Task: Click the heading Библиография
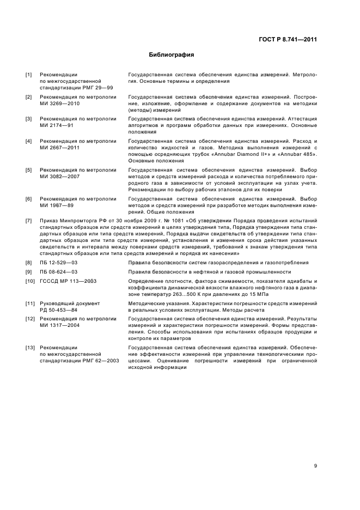pyautogui.click(x=172, y=54)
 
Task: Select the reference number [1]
pyautogui.click(x=29, y=75)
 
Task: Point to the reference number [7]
pyautogui.click(x=29, y=221)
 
